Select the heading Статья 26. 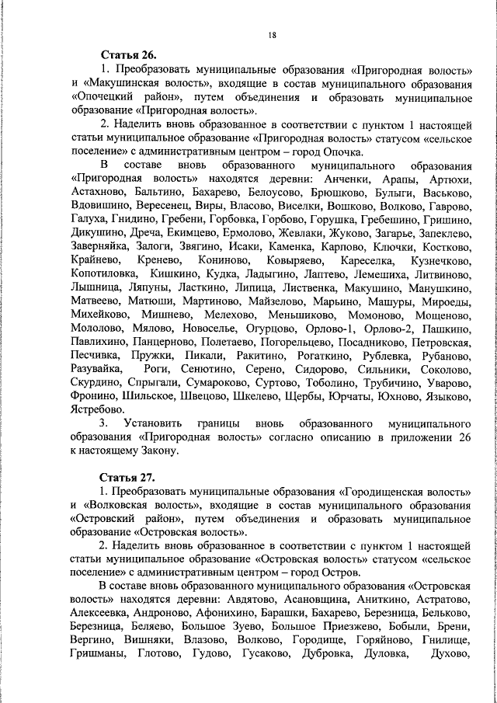[x=128, y=55]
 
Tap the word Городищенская [x=397, y=492]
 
